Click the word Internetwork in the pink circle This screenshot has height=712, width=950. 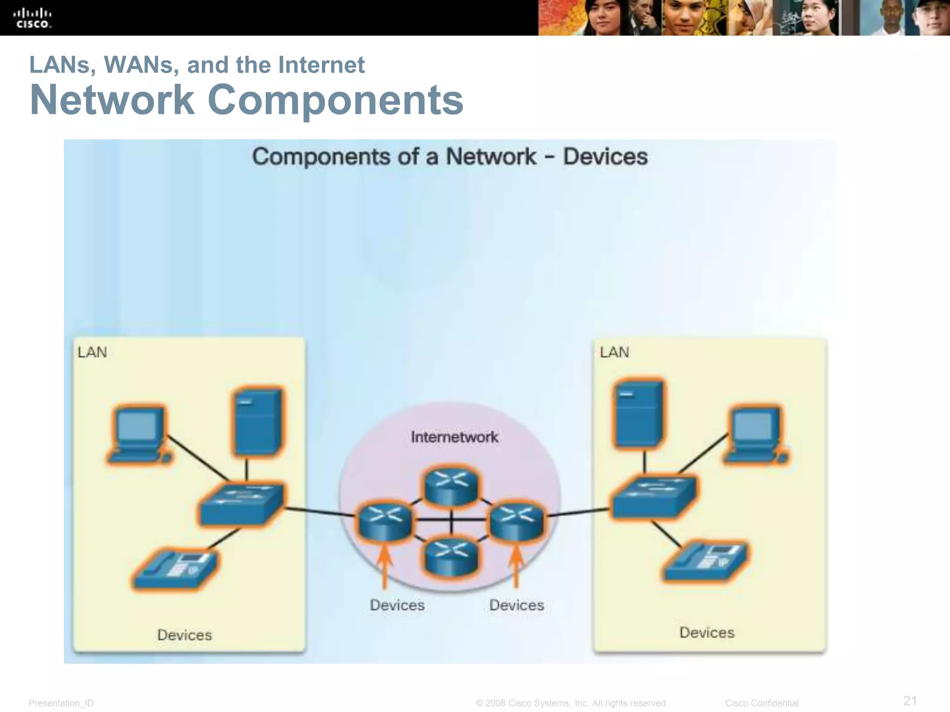tap(454, 437)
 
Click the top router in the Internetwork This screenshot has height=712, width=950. tap(451, 485)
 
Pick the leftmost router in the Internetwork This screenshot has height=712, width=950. tap(385, 521)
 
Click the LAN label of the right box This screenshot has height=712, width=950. tap(614, 352)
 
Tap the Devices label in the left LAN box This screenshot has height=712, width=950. tap(184, 635)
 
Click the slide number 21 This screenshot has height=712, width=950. tap(910, 700)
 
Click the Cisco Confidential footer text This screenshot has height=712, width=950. tap(762, 703)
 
